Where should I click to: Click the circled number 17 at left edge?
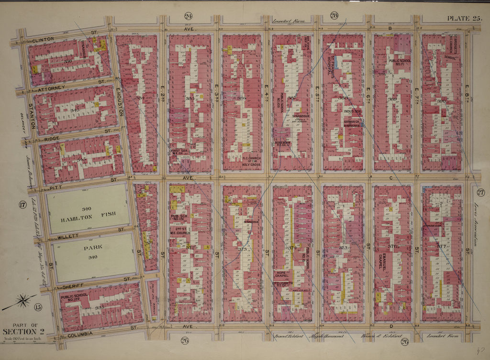[22, 206]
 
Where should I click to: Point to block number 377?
[441, 246]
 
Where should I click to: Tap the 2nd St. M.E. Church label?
[180, 232]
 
